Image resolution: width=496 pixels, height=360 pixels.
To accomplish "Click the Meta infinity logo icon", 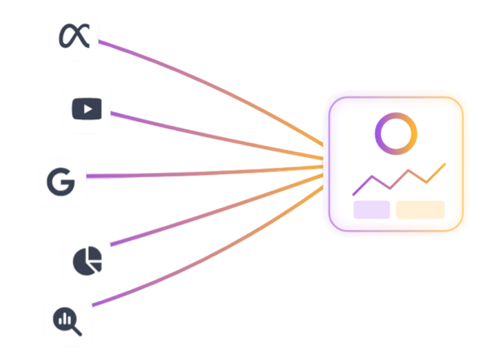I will click(x=74, y=36).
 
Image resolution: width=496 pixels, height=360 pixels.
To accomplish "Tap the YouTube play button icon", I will click(x=87, y=109).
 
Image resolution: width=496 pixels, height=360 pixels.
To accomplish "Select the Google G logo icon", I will click(x=62, y=182).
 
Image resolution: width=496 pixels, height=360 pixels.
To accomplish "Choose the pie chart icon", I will click(x=87, y=260).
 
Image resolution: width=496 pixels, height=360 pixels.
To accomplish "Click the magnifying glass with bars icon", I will click(x=68, y=321).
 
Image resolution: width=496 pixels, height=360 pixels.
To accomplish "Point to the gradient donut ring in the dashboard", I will click(x=396, y=134).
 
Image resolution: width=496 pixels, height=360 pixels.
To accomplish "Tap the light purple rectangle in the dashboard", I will click(x=371, y=209).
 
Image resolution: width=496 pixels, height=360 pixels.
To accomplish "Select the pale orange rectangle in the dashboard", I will click(x=420, y=209).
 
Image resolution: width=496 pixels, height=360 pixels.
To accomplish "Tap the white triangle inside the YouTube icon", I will click(x=87, y=109).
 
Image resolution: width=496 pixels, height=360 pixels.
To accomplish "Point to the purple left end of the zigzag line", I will click(x=354, y=193).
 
